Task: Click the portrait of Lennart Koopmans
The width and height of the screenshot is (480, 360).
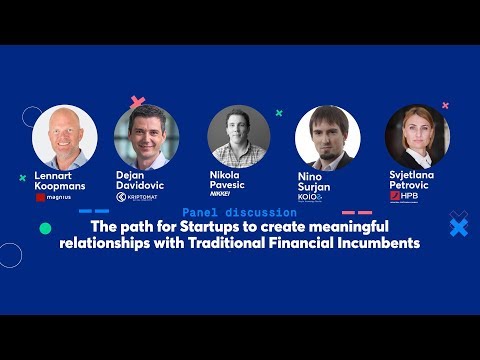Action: click(65, 137)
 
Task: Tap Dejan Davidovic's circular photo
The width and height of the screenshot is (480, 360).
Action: click(146, 137)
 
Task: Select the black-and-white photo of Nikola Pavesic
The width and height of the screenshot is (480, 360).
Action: click(239, 137)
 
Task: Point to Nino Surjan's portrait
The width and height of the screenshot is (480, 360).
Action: click(328, 137)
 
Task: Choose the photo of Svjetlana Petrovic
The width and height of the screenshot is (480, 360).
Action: click(417, 137)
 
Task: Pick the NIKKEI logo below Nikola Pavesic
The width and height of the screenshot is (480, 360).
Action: click(233, 192)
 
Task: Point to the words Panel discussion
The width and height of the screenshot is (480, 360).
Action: click(240, 213)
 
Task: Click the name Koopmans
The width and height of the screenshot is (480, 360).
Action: click(60, 185)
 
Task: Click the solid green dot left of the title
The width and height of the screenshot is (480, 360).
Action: click(45, 228)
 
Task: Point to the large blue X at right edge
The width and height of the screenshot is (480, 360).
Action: click(458, 228)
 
